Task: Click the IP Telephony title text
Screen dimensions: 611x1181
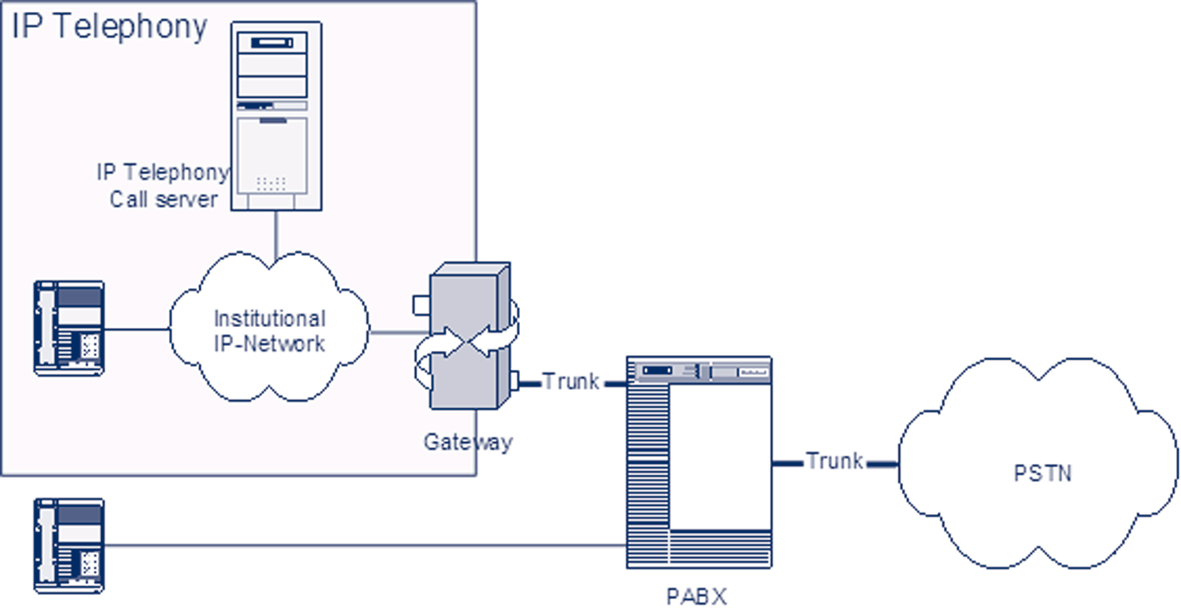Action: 109,26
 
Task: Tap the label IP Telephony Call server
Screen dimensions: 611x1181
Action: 163,185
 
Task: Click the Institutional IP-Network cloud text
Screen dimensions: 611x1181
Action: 269,331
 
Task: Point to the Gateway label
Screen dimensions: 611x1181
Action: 467,442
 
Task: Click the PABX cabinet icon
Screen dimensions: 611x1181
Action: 699,461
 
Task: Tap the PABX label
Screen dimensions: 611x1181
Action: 697,596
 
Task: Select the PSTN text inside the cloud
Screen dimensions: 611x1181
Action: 1042,473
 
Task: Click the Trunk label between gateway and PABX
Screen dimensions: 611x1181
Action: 571,383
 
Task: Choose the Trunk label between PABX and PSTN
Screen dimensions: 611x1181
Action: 834,461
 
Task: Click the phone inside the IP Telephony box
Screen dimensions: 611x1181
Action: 69,328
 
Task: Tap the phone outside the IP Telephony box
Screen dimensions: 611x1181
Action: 69,546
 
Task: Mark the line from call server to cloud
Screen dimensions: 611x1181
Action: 276,235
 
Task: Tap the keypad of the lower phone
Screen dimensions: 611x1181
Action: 89,565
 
